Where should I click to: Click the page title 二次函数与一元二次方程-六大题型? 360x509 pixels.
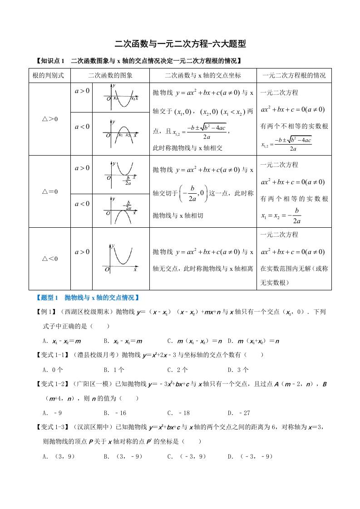tap(180, 44)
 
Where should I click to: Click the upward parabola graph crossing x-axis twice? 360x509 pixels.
tap(120, 97)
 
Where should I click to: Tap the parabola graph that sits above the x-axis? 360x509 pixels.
tap(120, 258)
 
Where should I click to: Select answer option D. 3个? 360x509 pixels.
tap(238, 369)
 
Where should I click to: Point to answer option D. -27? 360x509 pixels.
tap(239, 413)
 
